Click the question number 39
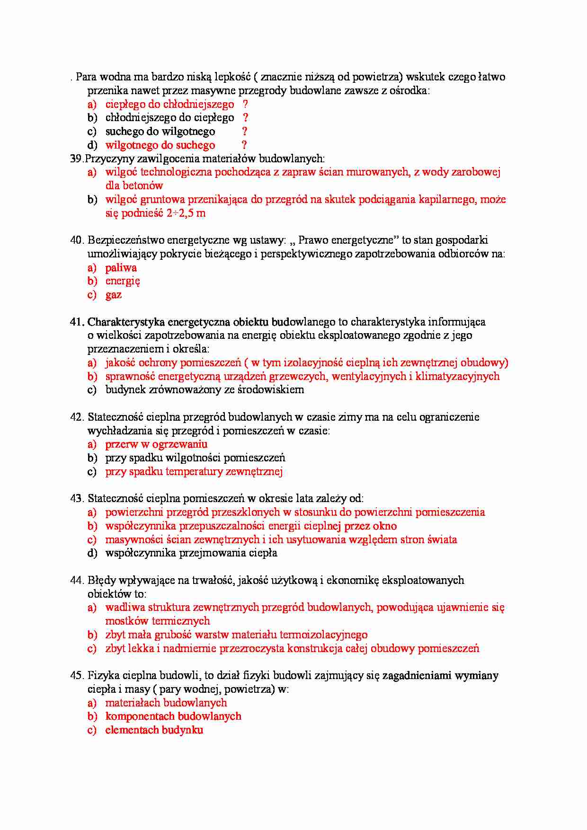tap(76, 159)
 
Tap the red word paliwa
tap(121, 268)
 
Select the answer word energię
tap(123, 282)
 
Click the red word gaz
tap(114, 295)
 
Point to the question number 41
tap(77, 322)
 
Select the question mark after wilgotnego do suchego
tap(244, 145)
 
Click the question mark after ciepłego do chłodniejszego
tap(245, 105)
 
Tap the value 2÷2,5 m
tap(186, 213)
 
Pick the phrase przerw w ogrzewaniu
tap(156, 444)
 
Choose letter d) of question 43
tap(92, 553)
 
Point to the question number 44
tap(77, 581)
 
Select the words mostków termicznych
tap(158, 621)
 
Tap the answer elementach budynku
tap(154, 730)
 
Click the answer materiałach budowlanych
tap(166, 703)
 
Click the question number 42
tap(77, 417)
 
